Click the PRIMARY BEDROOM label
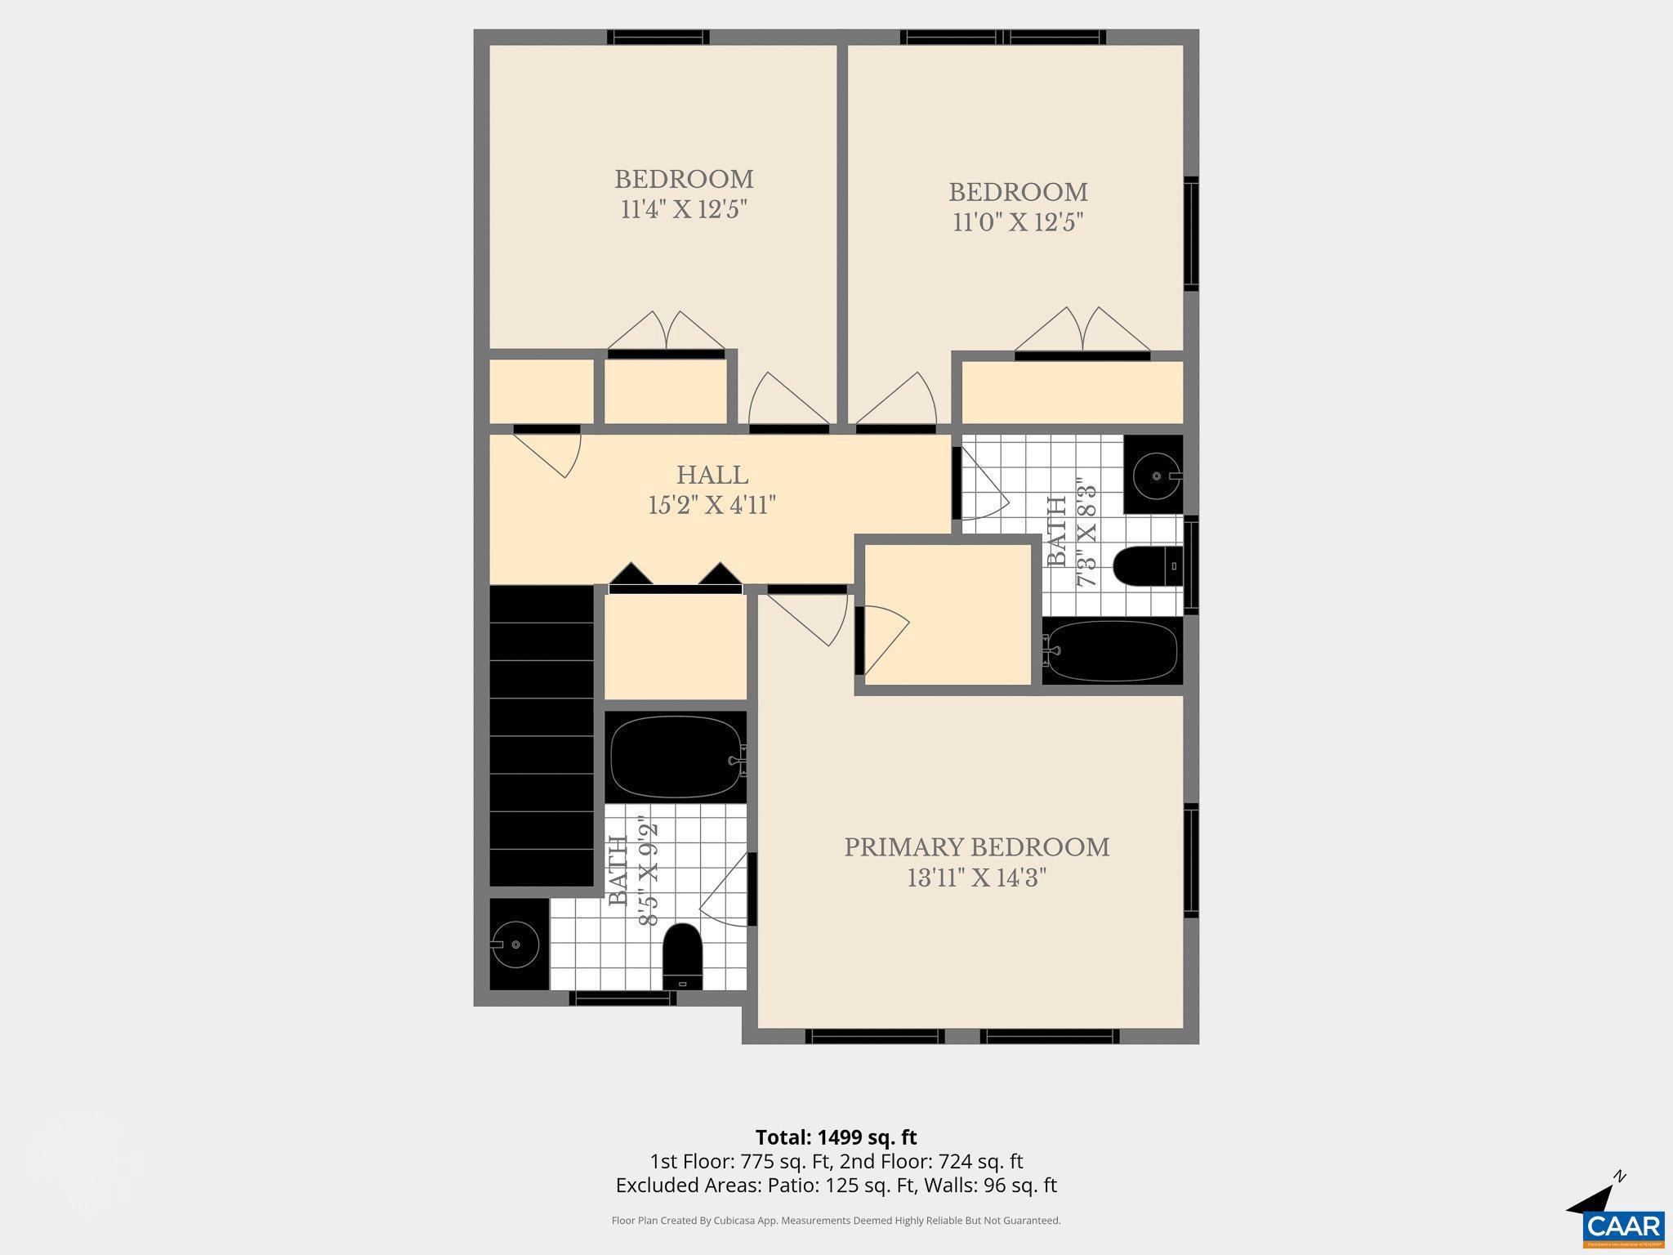tap(976, 847)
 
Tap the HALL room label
tap(712, 475)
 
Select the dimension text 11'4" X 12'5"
tap(684, 210)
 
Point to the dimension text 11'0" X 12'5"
tap(1018, 222)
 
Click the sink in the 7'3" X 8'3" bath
tap(1155, 475)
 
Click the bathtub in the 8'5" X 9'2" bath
tap(675, 757)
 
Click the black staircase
tap(541, 735)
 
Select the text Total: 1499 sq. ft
tap(836, 1137)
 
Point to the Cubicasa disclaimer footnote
tap(836, 1221)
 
